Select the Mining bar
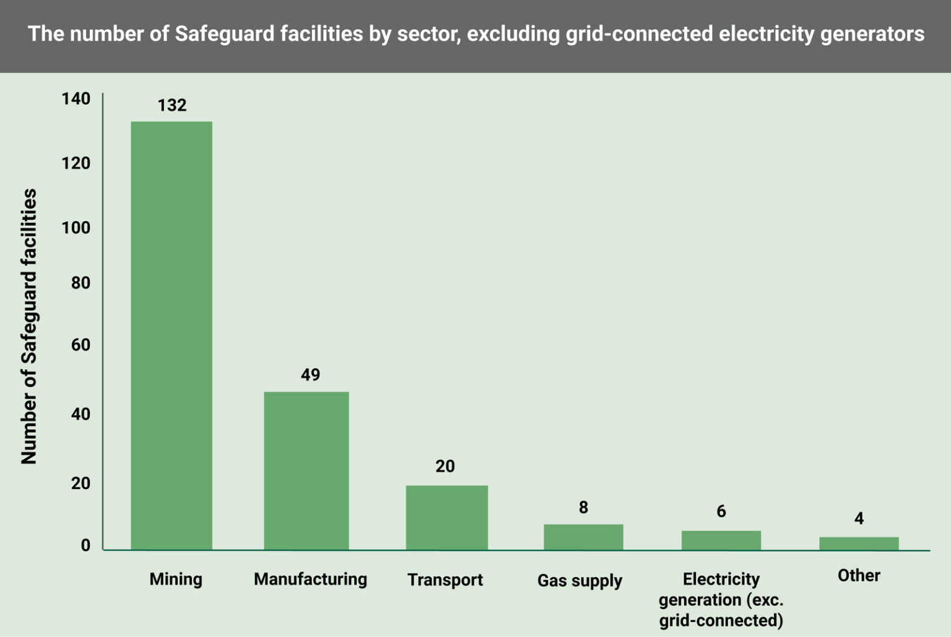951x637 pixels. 172,335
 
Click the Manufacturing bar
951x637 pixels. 306,470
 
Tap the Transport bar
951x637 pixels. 446,518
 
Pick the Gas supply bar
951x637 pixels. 583,537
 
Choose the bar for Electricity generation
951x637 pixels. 721,540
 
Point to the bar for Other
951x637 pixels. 859,543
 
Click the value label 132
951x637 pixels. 172,105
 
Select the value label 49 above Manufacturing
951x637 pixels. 310,375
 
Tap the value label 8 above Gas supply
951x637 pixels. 583,508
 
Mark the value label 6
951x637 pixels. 721,511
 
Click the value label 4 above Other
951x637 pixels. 859,518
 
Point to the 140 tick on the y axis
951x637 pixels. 76,99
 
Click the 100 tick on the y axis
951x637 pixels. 76,228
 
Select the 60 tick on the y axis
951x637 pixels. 80,345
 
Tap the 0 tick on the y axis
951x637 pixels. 85,545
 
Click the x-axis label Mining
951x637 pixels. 176,579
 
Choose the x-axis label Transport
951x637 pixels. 445,580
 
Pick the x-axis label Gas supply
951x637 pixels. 580,581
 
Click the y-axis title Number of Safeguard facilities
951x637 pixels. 29,326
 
